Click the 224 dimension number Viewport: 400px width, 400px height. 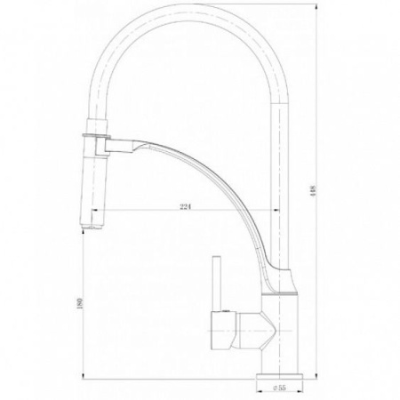185,206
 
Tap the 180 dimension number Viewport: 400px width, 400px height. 79,303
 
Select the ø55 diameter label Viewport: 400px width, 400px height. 279,388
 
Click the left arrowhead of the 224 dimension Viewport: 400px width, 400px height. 94,210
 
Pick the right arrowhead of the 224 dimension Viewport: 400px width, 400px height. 276,210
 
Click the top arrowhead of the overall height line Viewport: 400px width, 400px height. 316,6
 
